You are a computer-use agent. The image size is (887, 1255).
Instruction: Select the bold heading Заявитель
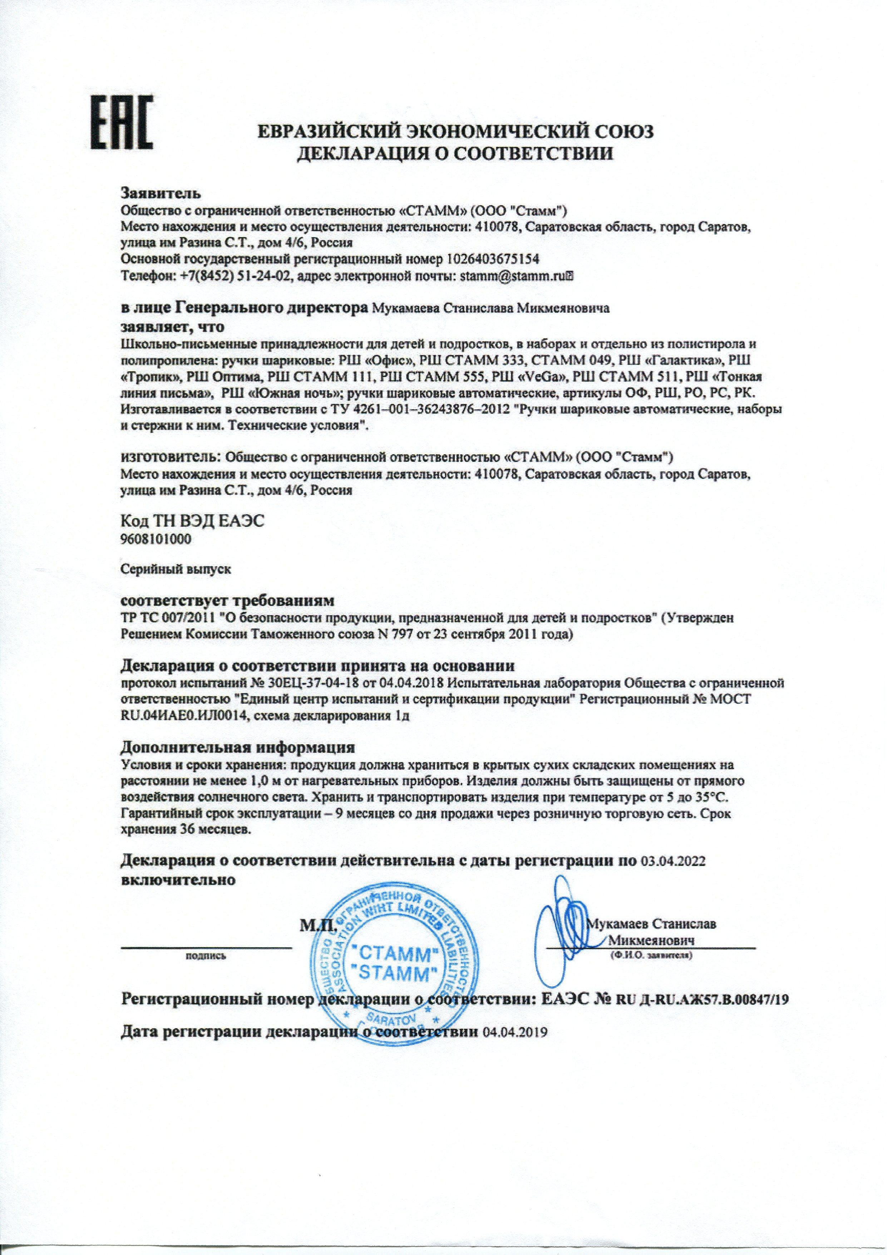pyautogui.click(x=161, y=193)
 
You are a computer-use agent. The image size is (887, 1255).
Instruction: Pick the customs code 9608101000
pyautogui.click(x=155, y=539)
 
